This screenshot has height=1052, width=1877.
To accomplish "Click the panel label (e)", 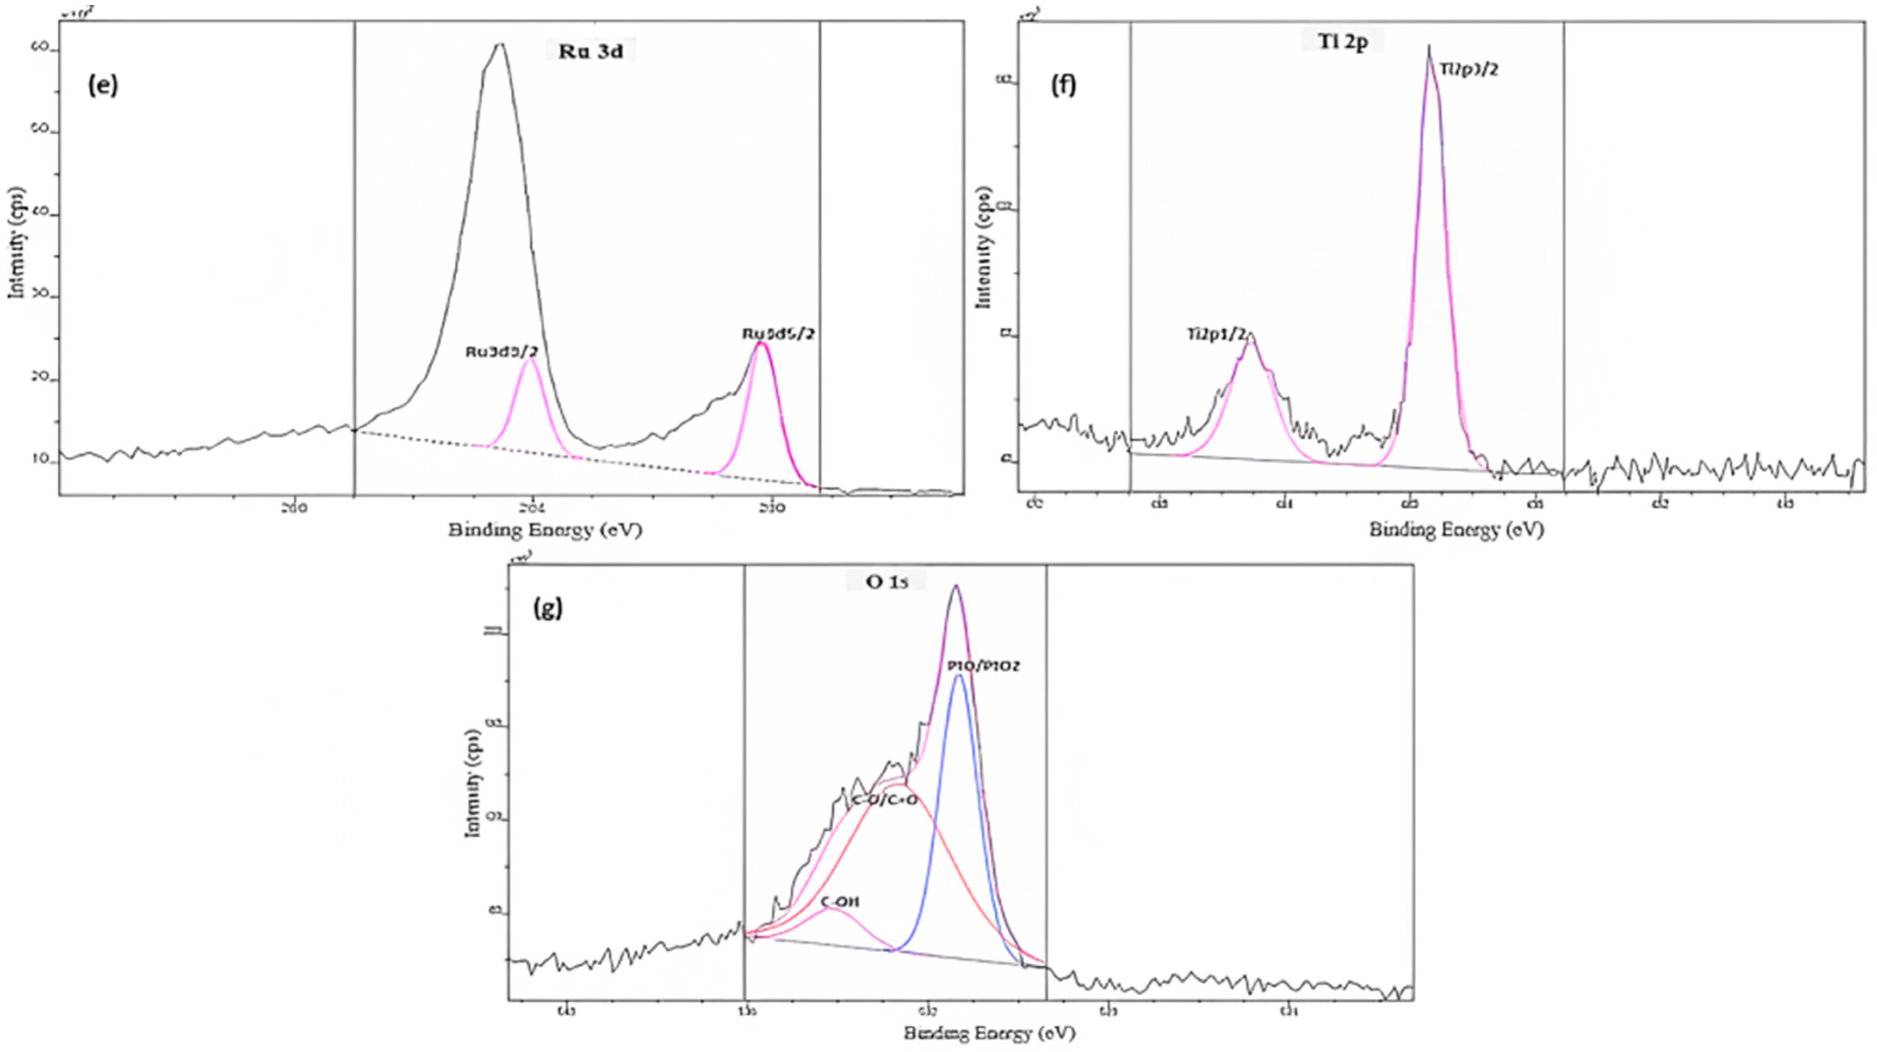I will tap(103, 85).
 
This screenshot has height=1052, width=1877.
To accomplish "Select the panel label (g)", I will tap(548, 608).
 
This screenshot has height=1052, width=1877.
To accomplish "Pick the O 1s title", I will tap(885, 582).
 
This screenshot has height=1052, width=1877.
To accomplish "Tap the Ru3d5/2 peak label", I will tap(778, 334).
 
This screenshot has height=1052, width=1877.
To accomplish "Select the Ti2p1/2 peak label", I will tap(1216, 334).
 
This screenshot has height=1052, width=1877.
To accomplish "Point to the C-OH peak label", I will tap(840, 902).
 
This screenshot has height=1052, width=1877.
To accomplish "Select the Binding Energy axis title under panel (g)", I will tap(990, 1032).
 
